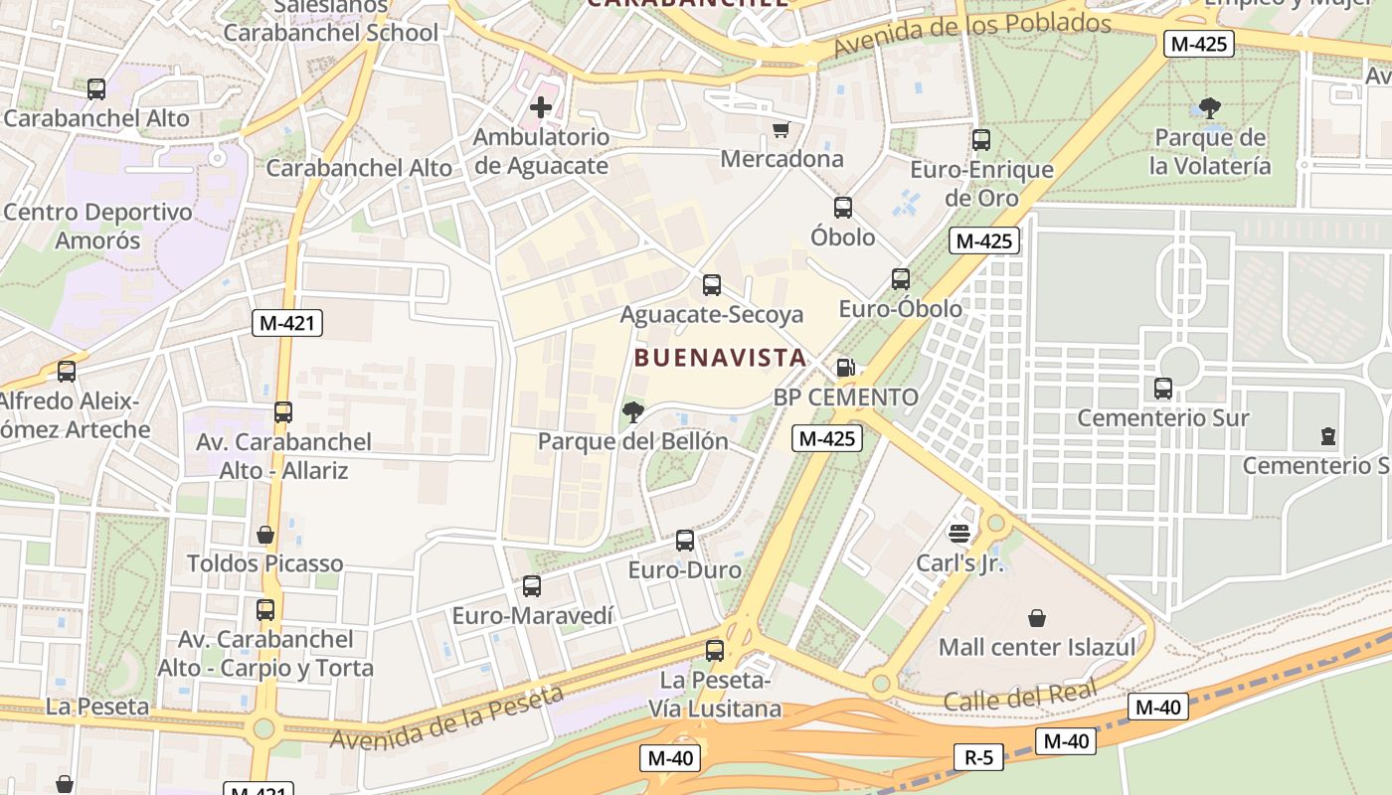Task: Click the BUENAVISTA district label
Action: [719, 357]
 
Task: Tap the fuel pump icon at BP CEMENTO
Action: [845, 368]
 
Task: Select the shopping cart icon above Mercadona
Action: [782, 129]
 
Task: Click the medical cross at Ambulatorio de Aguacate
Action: [541, 106]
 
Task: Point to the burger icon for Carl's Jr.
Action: [959, 534]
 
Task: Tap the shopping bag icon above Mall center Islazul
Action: [1037, 618]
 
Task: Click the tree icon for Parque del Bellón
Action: [632, 410]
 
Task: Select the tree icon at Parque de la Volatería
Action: [1210, 107]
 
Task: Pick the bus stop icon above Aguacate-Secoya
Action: [712, 285]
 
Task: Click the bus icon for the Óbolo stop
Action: [843, 208]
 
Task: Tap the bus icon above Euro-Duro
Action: [685, 541]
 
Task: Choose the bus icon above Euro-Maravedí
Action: [532, 586]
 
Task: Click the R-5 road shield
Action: [978, 757]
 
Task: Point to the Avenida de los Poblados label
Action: [971, 35]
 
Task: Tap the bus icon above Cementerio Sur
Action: [1163, 389]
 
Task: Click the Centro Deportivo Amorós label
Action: [97, 227]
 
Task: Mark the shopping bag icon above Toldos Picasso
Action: [265, 535]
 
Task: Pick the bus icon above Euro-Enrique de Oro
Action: [981, 140]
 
